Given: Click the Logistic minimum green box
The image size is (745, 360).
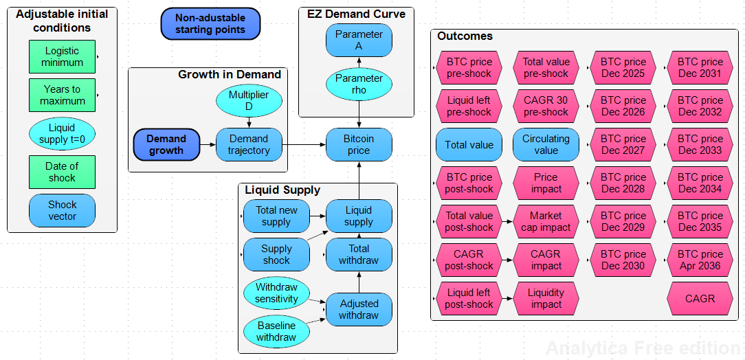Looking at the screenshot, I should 62,56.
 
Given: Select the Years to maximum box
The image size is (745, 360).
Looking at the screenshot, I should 62,95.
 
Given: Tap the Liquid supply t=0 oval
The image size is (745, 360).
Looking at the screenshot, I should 62,133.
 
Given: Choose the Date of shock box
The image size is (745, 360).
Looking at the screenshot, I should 62,172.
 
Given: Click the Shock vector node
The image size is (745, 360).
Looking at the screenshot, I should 62,210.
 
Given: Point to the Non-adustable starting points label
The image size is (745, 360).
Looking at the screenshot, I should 210,24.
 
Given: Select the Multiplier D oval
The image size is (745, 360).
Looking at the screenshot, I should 249,100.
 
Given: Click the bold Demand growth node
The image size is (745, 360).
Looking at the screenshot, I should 166,144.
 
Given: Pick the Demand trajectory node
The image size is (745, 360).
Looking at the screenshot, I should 249,144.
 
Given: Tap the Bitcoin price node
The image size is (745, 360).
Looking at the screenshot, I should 359,144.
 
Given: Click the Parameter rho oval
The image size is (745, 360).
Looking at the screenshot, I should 359,84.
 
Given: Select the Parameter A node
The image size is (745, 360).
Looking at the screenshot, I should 359,40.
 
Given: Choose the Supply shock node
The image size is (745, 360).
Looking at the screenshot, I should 276,254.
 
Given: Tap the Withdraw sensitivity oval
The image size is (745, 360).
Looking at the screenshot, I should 276,293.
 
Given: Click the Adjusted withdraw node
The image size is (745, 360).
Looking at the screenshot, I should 359,309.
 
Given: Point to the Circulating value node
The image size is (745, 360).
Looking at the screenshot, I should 546,144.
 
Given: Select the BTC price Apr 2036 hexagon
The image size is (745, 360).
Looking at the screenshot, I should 700,260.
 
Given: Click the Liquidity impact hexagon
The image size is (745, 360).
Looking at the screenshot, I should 546,298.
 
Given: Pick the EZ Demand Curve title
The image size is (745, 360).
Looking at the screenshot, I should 356,14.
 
